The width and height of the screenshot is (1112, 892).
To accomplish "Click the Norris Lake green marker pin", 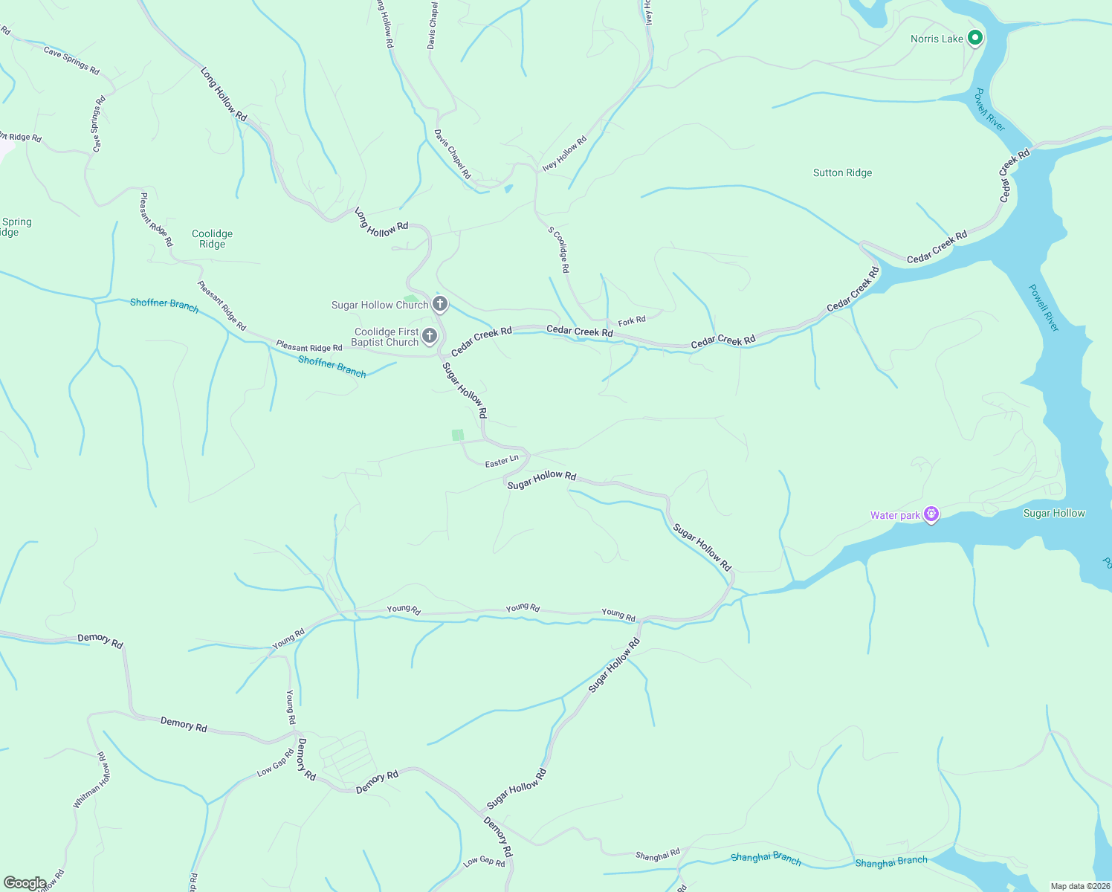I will point(974,38).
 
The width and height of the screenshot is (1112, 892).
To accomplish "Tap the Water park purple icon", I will point(931,514).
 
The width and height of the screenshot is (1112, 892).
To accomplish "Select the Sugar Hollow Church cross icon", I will point(440,303).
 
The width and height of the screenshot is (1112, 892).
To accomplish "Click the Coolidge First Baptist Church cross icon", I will point(430,336).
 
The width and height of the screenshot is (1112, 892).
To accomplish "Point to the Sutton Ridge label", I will point(842,172).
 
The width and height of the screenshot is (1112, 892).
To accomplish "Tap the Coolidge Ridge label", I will point(212,239).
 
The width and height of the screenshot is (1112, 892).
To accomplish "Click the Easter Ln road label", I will point(502,462).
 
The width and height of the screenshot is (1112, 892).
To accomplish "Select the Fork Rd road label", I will point(632,321).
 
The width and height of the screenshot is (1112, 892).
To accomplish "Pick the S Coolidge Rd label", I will point(559,250).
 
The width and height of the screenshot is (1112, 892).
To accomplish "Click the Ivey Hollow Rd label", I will point(564,153).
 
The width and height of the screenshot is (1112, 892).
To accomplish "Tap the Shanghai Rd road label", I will point(658,856).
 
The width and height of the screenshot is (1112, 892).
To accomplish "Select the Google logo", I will point(25,883).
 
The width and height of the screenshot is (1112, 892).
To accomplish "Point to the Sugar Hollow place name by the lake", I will point(1054,513).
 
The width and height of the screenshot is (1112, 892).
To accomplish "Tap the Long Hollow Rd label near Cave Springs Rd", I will point(223,94).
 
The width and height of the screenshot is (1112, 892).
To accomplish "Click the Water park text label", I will point(895,515).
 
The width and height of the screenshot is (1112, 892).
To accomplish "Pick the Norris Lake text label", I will point(937,39).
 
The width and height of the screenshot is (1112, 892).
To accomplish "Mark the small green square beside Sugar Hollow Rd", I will point(458,435).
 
